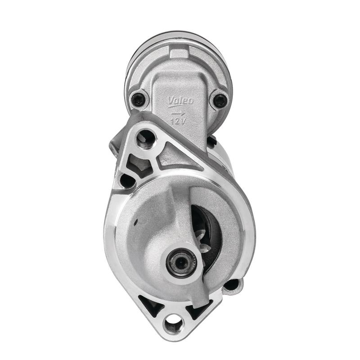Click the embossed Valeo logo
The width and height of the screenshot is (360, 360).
[x=180, y=101]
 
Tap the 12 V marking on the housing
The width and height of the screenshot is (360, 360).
[x=178, y=121]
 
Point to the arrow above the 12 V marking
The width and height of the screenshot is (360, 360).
[x=179, y=113]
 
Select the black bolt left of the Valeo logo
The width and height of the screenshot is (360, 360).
[x=138, y=99]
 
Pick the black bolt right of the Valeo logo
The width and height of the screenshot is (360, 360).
[x=220, y=100]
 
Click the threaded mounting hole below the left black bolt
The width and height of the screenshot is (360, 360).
[x=146, y=139]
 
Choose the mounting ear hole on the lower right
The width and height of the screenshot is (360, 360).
[x=231, y=285]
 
